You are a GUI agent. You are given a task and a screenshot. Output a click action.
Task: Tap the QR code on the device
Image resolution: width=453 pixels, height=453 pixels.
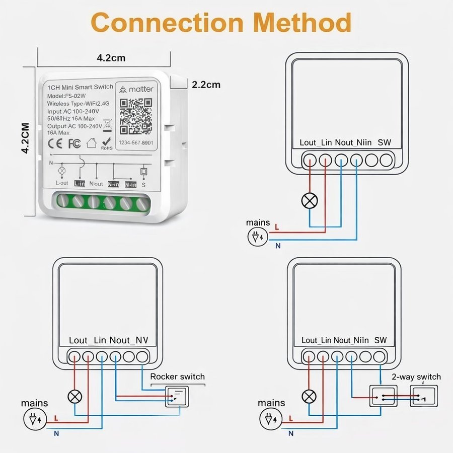(x=136, y=116)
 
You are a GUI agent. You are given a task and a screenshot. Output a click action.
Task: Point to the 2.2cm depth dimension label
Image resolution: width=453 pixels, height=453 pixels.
(x=206, y=85)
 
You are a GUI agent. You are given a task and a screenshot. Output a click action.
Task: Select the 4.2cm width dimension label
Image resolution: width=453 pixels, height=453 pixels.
(x=111, y=58)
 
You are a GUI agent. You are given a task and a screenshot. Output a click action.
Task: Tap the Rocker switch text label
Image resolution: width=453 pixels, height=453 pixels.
(x=178, y=376)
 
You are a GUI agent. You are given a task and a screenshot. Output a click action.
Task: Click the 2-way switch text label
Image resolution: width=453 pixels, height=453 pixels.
(x=416, y=377)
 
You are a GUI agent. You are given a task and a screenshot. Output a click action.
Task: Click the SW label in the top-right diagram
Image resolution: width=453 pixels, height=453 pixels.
(x=384, y=142)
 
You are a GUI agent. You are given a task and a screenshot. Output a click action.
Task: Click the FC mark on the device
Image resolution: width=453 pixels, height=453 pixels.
(x=74, y=143)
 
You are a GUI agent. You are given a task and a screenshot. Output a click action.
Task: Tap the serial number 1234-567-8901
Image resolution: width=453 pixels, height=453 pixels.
(x=135, y=143)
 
